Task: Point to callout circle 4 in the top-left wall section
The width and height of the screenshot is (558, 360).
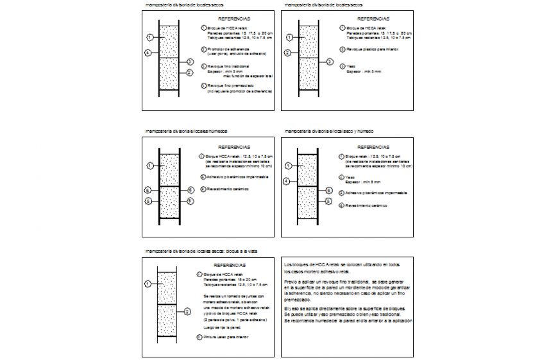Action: coord(148,53)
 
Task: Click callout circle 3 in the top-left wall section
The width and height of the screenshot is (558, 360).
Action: coord(190,62)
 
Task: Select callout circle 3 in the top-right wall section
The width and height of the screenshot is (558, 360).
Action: coord(330,62)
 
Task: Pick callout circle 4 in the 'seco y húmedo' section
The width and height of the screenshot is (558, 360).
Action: coord(287,182)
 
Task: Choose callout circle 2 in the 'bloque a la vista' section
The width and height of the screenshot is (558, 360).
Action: coord(187,311)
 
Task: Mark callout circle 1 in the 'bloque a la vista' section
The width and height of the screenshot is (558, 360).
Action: coord(148,284)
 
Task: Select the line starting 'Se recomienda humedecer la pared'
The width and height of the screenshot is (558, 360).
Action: coord(349,320)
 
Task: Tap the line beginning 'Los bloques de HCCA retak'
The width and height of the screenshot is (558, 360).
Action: coord(342,264)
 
